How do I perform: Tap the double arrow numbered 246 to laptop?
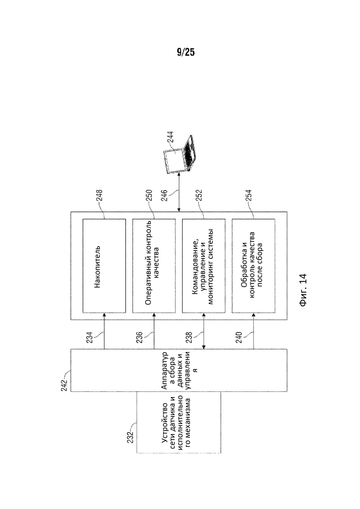tap(178, 194)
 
